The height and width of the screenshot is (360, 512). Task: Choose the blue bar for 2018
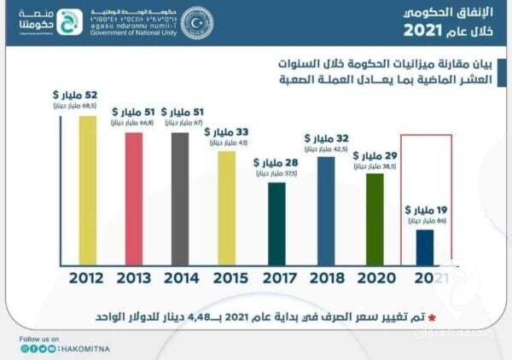pyautogui.click(x=325, y=209)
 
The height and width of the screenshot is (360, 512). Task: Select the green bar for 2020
pyautogui.click(x=375, y=218)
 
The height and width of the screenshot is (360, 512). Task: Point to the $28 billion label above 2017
pyautogui.click(x=274, y=162)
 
